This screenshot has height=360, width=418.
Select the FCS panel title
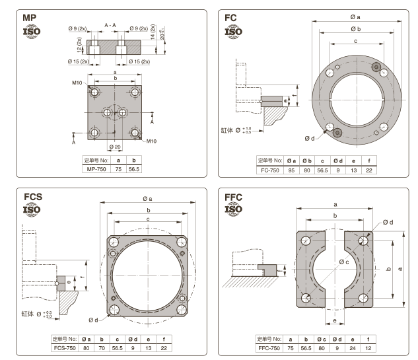33,197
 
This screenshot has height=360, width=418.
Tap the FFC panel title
234,197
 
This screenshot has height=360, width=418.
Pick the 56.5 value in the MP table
135,169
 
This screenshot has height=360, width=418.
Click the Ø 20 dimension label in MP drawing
114,146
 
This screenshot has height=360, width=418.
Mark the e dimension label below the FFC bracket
335,321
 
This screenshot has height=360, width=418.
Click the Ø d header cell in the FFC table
336,339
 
